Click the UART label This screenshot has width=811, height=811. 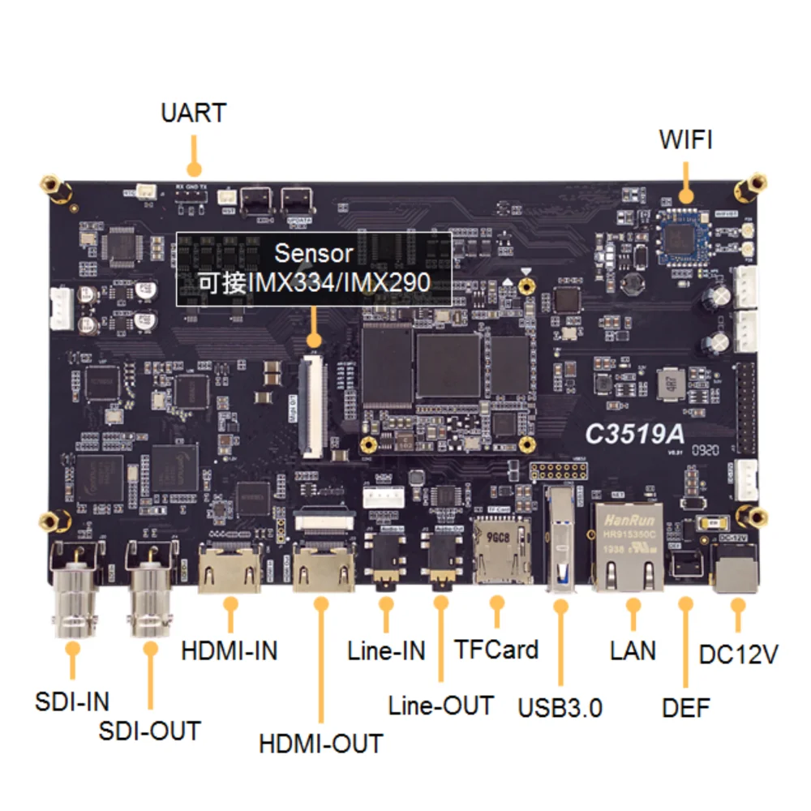[x=193, y=113]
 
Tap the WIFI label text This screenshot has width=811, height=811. [x=685, y=139]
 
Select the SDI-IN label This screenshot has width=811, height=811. [x=72, y=701]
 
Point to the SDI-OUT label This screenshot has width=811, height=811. [x=149, y=731]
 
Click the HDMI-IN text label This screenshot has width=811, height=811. [x=230, y=650]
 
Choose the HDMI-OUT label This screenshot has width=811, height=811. [x=320, y=743]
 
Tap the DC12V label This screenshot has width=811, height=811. [x=738, y=654]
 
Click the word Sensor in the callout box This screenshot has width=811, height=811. [x=314, y=253]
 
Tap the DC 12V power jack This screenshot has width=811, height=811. [x=736, y=569]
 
